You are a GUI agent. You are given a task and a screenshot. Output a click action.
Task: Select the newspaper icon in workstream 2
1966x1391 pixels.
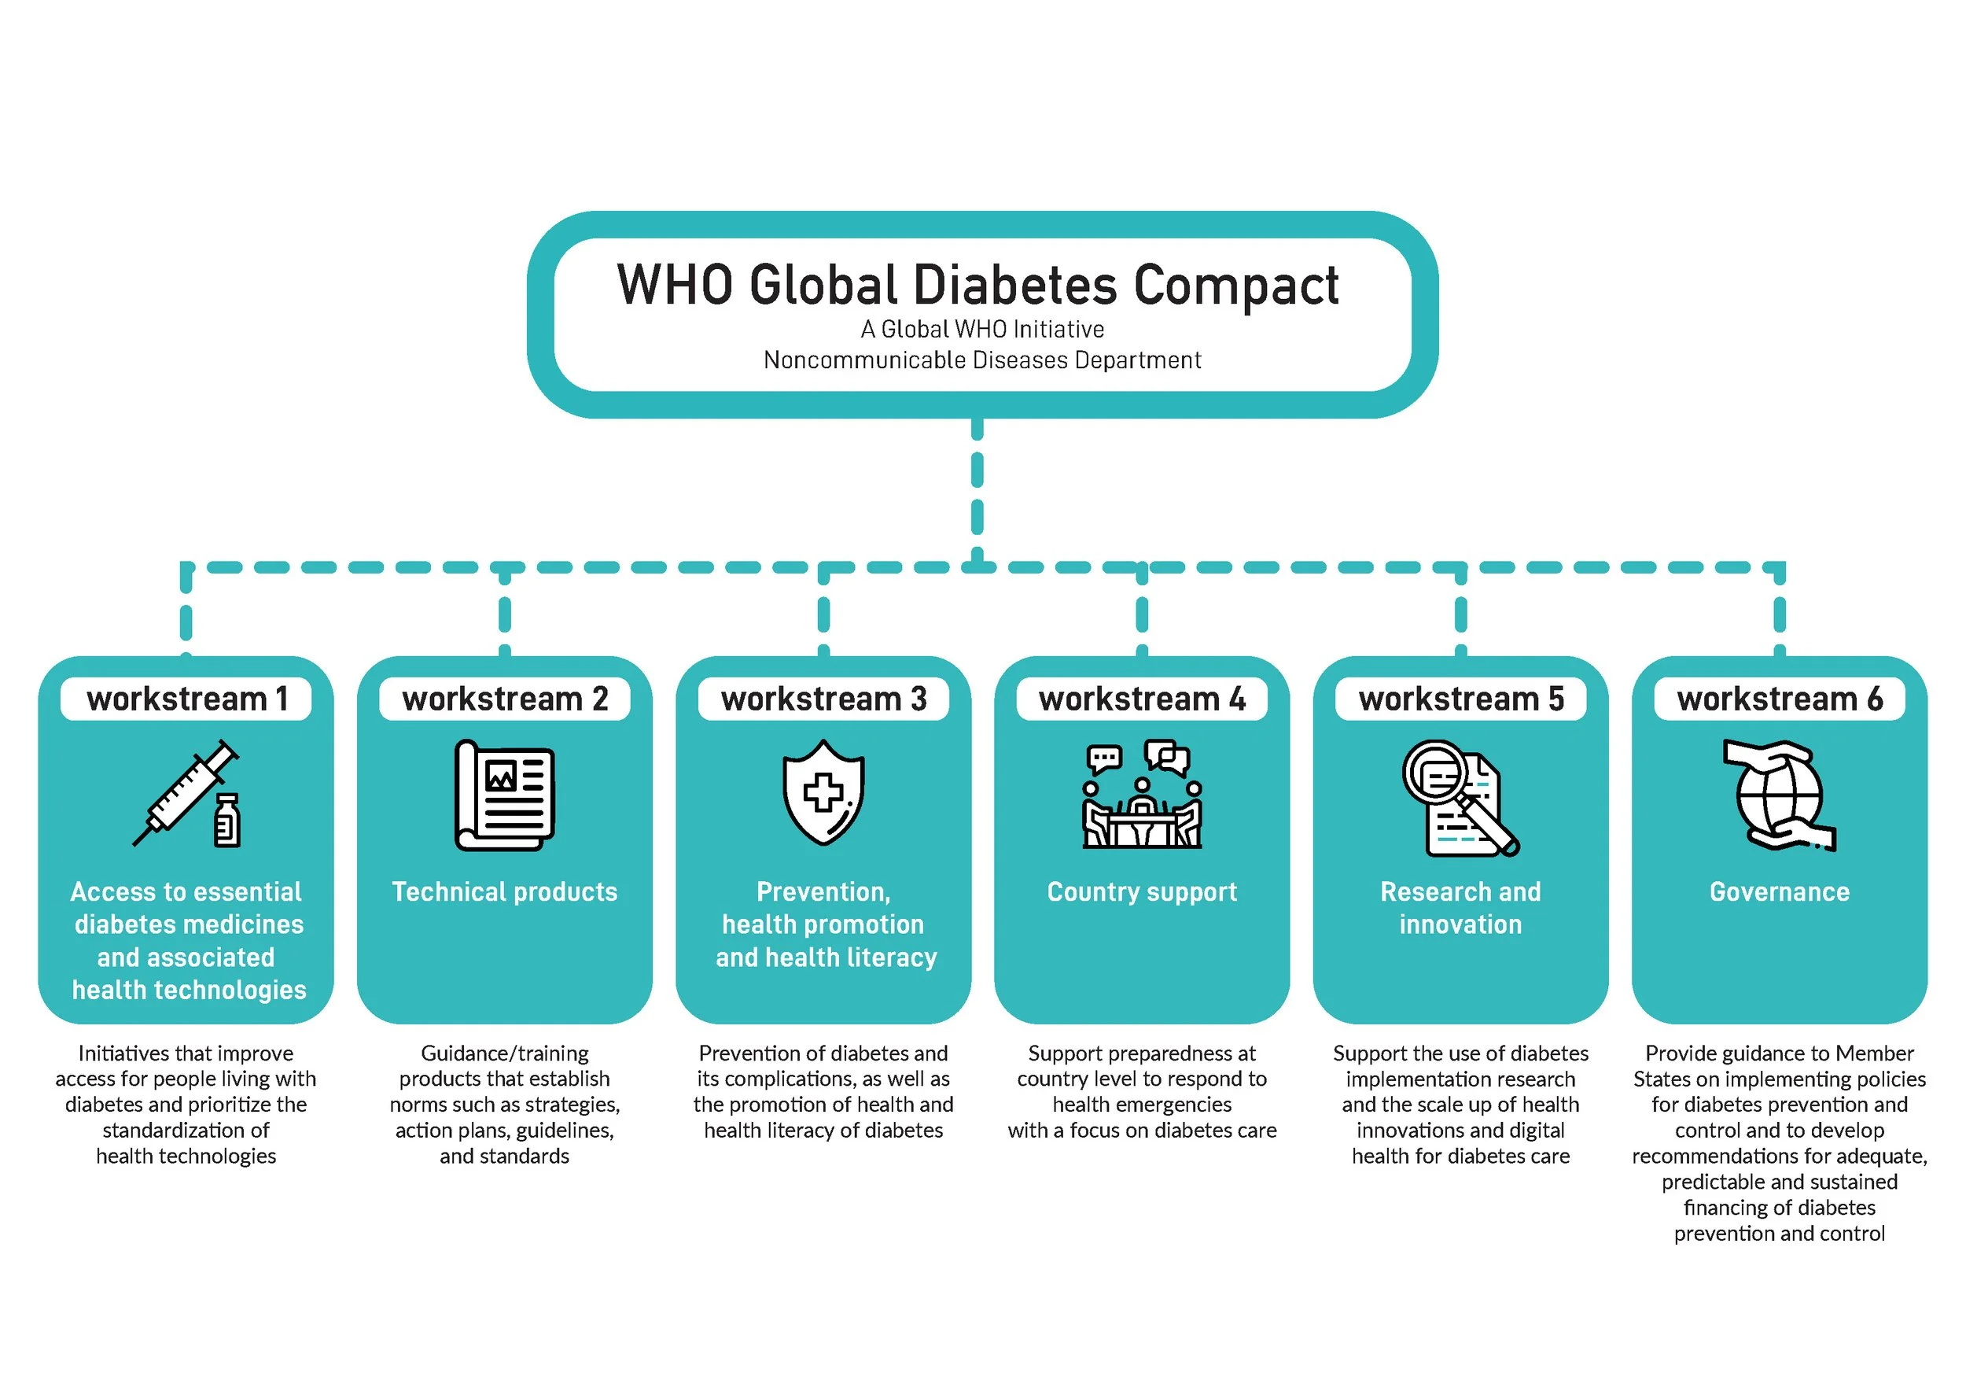click(504, 795)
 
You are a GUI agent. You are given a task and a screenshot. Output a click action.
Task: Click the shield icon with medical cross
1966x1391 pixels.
click(823, 792)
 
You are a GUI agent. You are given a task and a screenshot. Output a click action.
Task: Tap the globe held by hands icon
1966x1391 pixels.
click(1779, 795)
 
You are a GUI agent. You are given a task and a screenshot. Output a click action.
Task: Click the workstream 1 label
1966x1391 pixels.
click(186, 699)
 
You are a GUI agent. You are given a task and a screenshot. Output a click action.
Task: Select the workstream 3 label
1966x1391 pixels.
click(823, 699)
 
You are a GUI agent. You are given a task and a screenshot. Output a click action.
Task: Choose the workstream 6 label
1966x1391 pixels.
click(1780, 699)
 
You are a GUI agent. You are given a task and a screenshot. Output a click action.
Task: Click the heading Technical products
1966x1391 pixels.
click(504, 891)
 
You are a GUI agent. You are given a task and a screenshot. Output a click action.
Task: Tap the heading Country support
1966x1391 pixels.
click(1141, 891)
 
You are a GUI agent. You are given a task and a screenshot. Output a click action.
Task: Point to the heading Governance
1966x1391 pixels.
click(1780, 891)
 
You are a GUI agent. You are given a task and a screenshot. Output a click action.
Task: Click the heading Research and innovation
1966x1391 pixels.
click(1460, 908)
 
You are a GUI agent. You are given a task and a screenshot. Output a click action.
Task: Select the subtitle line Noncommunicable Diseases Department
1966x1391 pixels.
click(982, 360)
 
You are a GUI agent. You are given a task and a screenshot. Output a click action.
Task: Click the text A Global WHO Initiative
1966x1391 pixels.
click(982, 329)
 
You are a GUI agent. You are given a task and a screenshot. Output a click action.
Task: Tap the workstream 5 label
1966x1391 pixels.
click(1460, 699)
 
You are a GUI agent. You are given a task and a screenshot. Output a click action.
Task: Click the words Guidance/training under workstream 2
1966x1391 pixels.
click(504, 1053)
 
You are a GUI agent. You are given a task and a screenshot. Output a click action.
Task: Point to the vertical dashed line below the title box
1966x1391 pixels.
click(977, 489)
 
